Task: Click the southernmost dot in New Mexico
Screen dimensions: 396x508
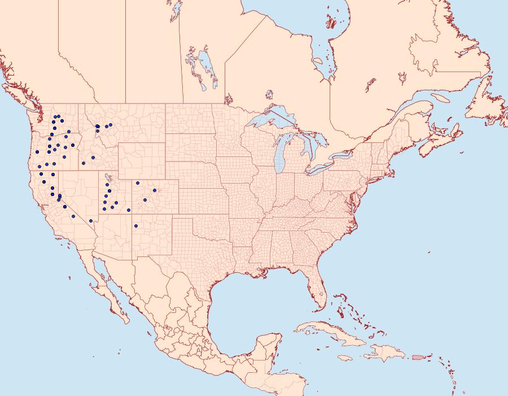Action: point(136,226)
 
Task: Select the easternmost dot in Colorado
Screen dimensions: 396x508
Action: point(155,190)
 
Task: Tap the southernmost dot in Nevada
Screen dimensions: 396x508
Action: point(91,221)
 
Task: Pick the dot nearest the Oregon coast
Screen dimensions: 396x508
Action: point(37,151)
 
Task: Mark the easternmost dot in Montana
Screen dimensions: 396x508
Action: point(111,125)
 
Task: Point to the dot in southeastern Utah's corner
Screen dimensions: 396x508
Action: point(129,210)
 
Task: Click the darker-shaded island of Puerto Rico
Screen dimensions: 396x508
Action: point(418,357)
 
